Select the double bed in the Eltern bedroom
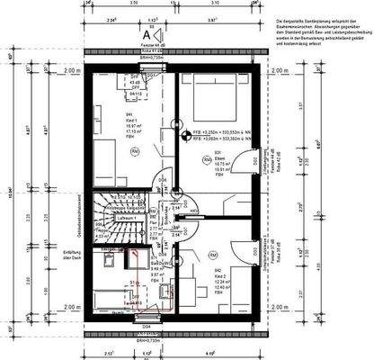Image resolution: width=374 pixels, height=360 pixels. [209, 98]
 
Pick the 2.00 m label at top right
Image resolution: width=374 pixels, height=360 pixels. [281, 69]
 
